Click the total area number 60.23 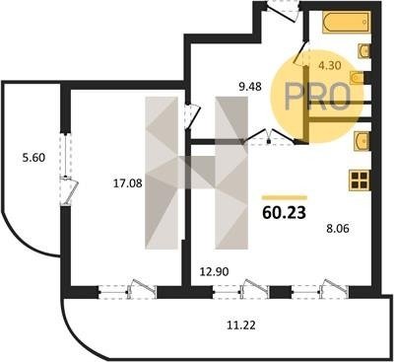pos(285,213)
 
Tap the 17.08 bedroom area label pos(128,183)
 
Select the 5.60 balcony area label pos(33,158)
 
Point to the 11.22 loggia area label pos(241,326)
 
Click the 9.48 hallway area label pos(250,87)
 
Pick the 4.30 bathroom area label pos(330,65)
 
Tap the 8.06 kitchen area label pos(337,228)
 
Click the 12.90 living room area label pos(215,271)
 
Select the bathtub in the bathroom pos(347,23)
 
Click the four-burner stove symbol pos(360,180)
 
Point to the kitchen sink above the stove pos(361,141)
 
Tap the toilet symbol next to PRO pos(357,78)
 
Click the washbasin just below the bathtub pos(364,50)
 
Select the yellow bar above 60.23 pos(285,197)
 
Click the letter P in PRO pos(294,96)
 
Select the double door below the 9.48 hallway pos(269,137)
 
